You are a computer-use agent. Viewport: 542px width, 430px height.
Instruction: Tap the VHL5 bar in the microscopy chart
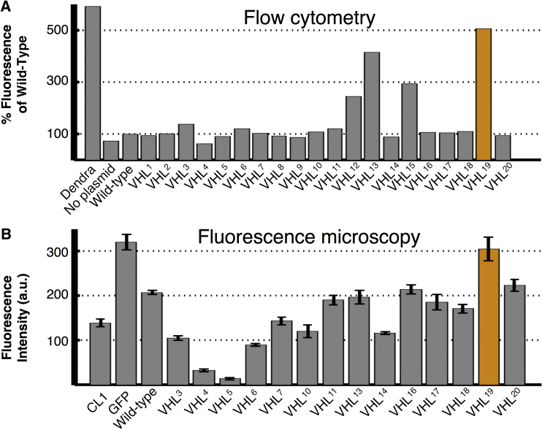pos(230,380)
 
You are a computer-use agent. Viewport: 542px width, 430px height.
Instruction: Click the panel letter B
pos(6,235)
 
